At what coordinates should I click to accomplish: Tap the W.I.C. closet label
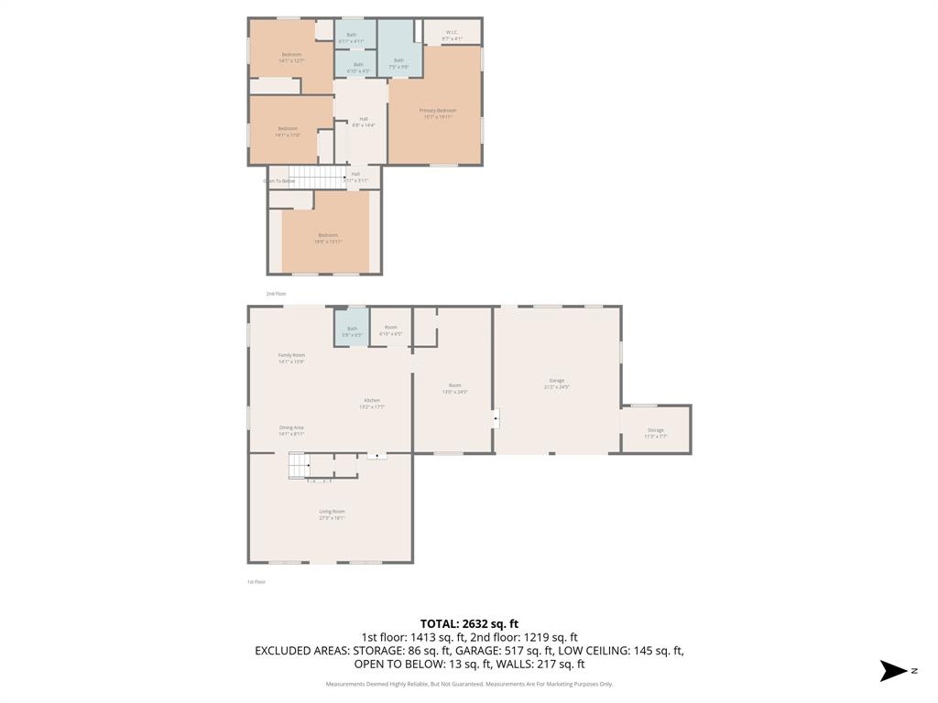pos(452,35)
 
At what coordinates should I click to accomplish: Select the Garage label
pos(556,384)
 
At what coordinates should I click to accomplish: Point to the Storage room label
pos(655,433)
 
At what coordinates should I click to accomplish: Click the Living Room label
pos(332,514)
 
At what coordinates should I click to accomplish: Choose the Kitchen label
pos(372,404)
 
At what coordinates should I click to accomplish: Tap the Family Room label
pos(291,358)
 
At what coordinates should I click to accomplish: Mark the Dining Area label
pos(291,430)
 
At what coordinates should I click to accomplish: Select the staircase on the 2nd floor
pos(317,175)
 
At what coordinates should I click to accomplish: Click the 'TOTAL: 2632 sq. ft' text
pos(469,623)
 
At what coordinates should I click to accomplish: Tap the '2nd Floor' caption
pos(276,294)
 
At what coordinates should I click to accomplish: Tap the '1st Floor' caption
pos(256,581)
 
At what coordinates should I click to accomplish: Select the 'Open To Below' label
pos(279,181)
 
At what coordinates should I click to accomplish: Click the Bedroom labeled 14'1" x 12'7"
pos(290,57)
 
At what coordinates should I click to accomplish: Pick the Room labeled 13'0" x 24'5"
pos(454,388)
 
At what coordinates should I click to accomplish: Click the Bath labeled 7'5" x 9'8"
pos(398,63)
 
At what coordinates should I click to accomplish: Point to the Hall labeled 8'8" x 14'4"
pos(364,122)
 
